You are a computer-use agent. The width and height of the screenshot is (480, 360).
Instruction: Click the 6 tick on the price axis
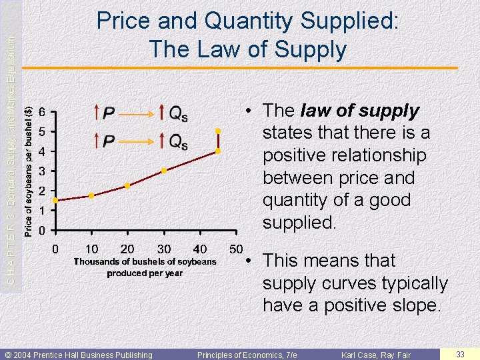[x=42, y=111]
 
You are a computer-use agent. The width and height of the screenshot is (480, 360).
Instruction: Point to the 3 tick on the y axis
[x=42, y=171]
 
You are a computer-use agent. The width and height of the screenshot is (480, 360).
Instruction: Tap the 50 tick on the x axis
[x=235, y=249]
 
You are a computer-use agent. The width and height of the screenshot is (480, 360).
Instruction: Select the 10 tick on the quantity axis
[x=92, y=249]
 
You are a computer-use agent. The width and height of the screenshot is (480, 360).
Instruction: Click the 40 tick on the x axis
[x=199, y=249]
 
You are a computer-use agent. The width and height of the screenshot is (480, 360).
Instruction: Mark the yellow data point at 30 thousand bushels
[x=163, y=171]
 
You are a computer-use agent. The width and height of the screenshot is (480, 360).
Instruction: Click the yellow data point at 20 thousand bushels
[x=127, y=185]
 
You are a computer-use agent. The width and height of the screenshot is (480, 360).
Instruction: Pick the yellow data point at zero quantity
[x=55, y=200]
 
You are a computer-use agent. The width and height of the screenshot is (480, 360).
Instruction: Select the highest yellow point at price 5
[x=217, y=131]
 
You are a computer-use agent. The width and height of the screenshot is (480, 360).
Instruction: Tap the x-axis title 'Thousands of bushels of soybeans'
[x=145, y=262]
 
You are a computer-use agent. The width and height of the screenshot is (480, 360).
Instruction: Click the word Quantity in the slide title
[x=255, y=21]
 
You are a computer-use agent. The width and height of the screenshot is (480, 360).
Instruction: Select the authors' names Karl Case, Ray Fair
[x=375, y=354]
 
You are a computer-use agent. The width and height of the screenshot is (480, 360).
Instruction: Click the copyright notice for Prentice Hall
[x=79, y=354]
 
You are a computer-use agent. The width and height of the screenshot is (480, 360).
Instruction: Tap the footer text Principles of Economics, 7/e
[x=247, y=354]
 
